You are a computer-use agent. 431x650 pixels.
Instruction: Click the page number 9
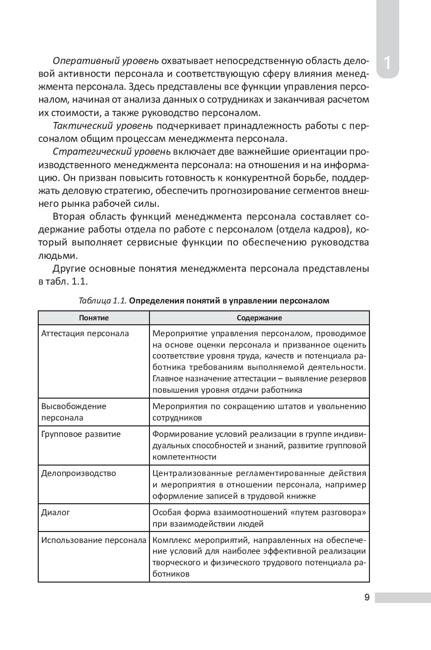pyautogui.click(x=366, y=597)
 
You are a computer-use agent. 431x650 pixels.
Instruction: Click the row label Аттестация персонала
pyautogui.click(x=85, y=334)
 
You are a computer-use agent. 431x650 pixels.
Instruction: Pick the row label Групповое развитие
pyautogui.click(x=81, y=434)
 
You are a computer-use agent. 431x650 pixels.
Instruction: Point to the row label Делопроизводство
pyautogui.click(x=78, y=473)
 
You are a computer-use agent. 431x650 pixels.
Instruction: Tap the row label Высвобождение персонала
pyautogui.click(x=74, y=412)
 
